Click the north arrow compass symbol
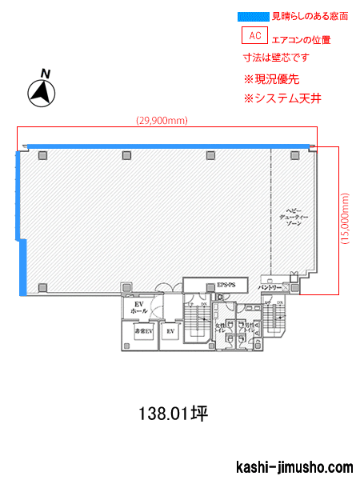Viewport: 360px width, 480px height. [42, 91]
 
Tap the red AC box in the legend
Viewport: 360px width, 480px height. [255, 36]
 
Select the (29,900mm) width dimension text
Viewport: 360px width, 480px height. [162, 121]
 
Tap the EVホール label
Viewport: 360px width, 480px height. [138, 308]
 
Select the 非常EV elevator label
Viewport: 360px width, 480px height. [143, 330]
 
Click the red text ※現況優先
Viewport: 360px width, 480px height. [271, 79]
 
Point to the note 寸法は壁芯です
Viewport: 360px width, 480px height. [276, 58]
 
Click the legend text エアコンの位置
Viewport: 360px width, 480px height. [302, 39]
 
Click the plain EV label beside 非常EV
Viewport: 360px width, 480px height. [170, 330]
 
